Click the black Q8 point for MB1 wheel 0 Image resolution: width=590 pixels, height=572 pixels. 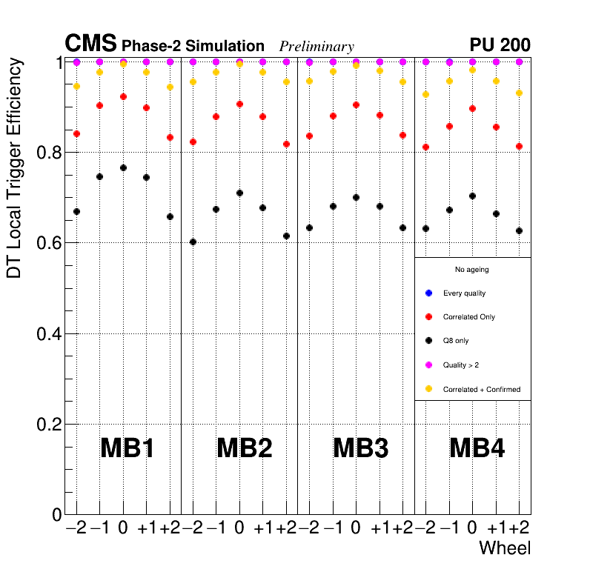point(123,167)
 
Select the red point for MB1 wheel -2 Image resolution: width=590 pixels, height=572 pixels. point(76,133)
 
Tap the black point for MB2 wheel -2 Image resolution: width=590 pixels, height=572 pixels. point(193,242)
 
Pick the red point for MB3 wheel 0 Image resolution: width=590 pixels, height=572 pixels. point(356,105)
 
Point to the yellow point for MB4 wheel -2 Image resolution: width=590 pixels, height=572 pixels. point(425,94)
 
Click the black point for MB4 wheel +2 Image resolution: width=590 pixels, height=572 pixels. point(519,230)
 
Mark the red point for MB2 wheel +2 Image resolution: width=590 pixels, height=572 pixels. point(286,144)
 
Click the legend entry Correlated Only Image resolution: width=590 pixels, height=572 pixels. point(468,317)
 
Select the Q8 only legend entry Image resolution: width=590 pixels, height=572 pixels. point(456,341)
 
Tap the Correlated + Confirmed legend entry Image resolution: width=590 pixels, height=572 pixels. point(481,389)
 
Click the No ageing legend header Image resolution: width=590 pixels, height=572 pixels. point(471,270)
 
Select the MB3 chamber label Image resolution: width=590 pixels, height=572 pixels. point(361,448)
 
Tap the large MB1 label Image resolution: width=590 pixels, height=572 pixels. point(127,448)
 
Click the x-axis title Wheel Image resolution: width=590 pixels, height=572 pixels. point(505,548)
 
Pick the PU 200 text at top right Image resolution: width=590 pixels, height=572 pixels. point(500,45)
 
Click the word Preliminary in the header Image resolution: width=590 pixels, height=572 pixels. point(316,47)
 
